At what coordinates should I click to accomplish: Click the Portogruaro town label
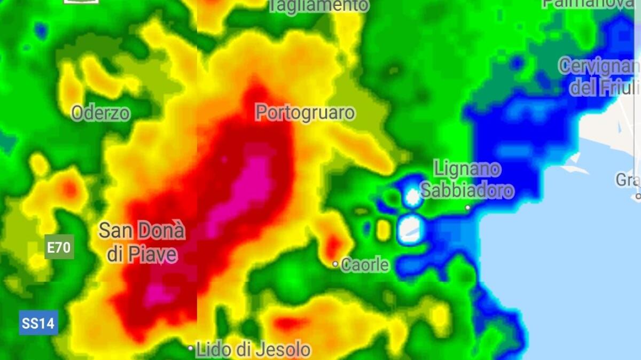305,113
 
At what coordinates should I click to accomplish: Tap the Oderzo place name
100,113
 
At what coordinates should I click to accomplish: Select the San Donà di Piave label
142,242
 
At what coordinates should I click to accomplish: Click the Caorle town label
365,264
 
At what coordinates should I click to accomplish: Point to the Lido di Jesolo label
253,350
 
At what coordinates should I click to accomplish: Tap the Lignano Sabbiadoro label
467,179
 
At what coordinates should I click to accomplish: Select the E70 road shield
59,247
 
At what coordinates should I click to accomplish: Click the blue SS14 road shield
38,323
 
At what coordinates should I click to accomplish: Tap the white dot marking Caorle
335,264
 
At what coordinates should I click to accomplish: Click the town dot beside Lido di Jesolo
191,348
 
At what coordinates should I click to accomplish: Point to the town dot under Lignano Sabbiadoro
468,207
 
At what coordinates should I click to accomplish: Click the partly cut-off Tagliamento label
318,5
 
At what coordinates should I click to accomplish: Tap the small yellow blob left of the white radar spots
383,230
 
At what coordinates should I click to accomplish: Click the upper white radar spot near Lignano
412,197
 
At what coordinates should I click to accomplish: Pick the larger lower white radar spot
411,229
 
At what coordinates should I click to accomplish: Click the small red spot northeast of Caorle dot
334,246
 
